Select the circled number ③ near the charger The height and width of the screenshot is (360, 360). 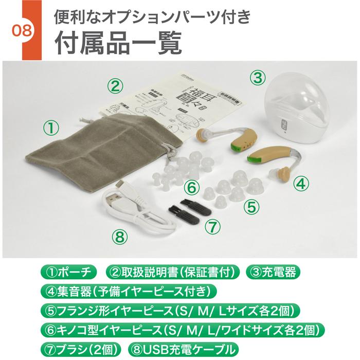click(257, 78)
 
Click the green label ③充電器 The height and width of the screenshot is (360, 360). click(273, 271)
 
